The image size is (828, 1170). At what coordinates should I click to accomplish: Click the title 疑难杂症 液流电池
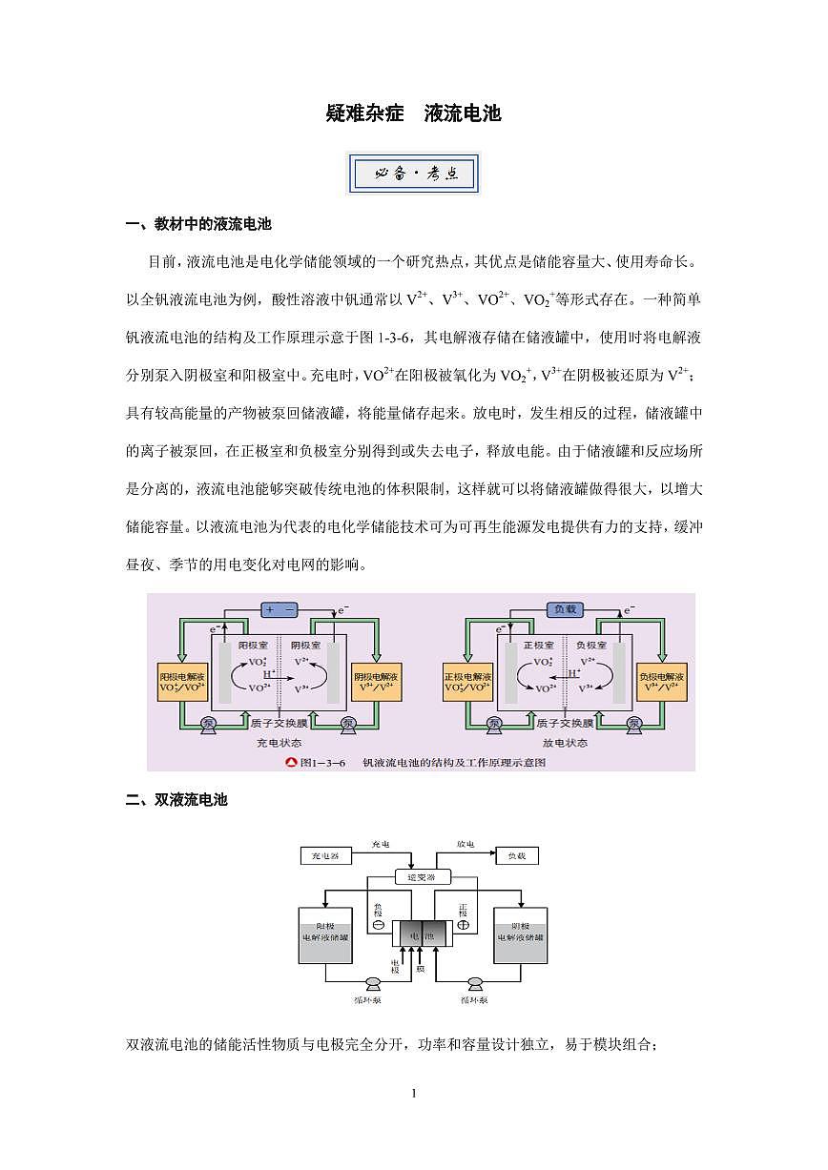tap(413, 114)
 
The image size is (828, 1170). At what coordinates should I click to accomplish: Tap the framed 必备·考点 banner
tap(414, 174)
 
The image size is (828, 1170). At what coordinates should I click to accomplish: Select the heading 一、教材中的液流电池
tap(199, 225)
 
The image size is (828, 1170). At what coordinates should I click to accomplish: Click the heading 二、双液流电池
tap(177, 800)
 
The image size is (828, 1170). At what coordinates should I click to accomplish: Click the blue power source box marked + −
tap(281, 608)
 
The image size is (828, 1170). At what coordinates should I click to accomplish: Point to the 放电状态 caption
tap(565, 742)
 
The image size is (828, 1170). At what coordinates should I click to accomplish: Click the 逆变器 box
tap(421, 877)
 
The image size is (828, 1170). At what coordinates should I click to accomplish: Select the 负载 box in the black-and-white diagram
tap(516, 855)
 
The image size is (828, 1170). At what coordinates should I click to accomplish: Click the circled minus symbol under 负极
tap(378, 926)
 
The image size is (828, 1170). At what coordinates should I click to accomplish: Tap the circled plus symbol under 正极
tap(464, 926)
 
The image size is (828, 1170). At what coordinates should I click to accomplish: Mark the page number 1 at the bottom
tap(414, 1093)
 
